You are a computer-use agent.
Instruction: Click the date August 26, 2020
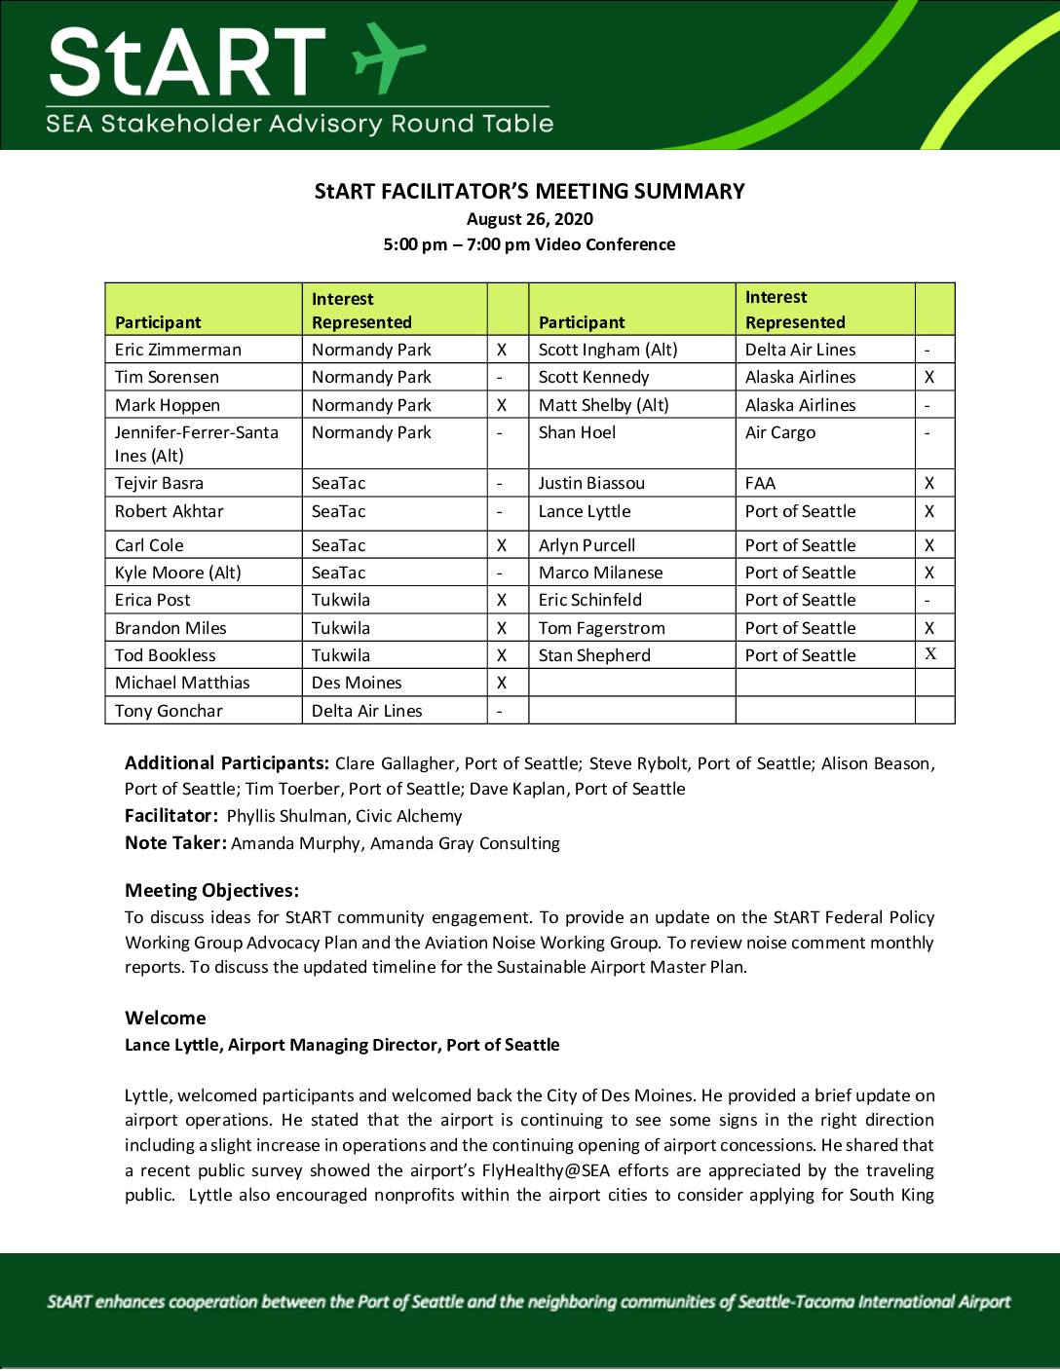coord(529,219)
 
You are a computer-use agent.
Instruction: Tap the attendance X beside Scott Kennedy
coord(929,377)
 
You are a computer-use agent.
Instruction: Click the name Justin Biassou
coord(591,483)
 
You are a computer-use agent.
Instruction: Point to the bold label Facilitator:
coord(170,816)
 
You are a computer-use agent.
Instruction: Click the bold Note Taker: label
coord(175,843)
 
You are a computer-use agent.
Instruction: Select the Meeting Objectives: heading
coord(211,890)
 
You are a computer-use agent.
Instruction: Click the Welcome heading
coord(166,1018)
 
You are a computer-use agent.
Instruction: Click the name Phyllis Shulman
coord(286,816)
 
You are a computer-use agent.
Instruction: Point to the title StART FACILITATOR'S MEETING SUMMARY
coord(529,191)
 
